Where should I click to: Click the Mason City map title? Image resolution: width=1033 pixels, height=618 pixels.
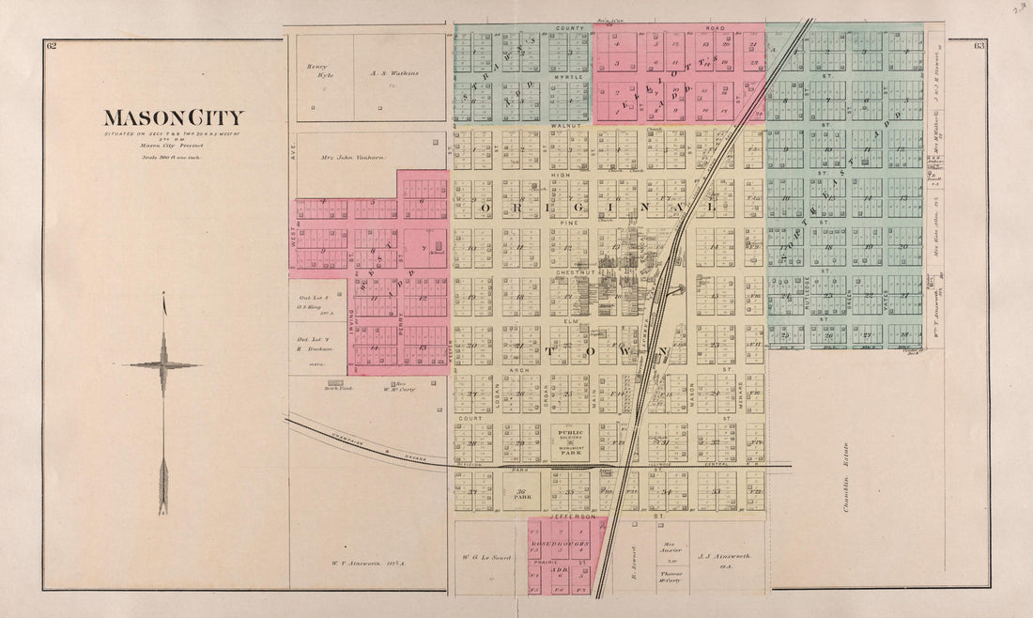173,118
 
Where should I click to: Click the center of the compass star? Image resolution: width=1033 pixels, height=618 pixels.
163,365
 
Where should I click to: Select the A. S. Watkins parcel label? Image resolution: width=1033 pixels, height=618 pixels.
393,72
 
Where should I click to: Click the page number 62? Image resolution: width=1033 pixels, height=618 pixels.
51,46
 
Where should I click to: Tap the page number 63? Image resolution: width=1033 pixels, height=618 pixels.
979,46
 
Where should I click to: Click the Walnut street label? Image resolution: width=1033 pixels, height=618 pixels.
566,124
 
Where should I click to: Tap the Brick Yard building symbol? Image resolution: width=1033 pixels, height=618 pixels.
335,383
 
